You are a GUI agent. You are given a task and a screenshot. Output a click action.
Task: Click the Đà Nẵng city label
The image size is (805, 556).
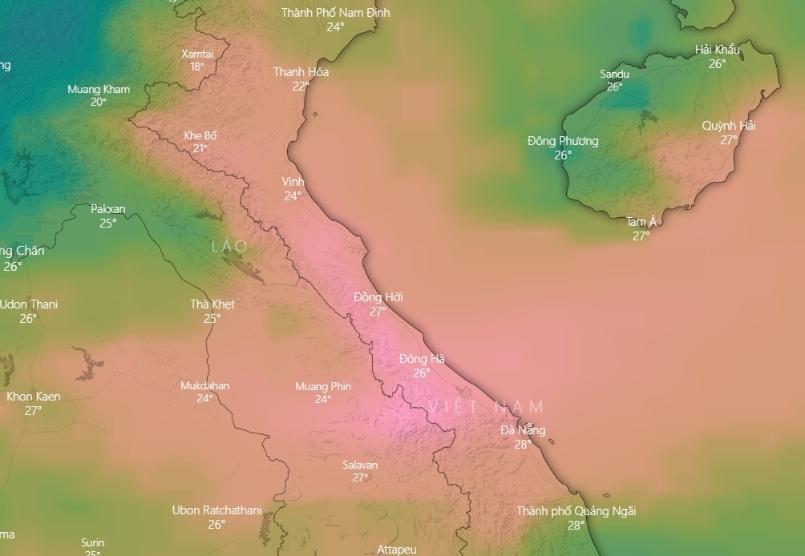tap(523, 430)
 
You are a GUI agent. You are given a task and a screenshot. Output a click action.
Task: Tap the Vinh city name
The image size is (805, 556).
tap(293, 182)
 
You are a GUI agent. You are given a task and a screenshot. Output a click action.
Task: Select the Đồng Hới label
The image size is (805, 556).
tap(378, 297)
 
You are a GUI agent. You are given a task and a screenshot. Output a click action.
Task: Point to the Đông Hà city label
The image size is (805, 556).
tap(422, 359)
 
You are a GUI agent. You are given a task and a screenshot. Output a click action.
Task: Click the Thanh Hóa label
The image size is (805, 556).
tap(301, 72)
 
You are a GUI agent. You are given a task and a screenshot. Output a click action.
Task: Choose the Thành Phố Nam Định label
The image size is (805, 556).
tap(335, 13)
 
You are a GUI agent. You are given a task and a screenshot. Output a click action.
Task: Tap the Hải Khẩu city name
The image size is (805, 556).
tap(717, 50)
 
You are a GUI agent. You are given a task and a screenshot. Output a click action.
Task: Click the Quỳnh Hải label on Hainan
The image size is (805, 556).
tap(729, 126)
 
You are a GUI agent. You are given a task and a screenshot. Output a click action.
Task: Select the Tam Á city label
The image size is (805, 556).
tap(641, 222)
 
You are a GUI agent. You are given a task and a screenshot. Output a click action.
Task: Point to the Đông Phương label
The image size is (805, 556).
tap(563, 141)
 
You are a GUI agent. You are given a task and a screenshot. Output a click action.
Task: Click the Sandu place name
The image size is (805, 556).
tap(614, 75)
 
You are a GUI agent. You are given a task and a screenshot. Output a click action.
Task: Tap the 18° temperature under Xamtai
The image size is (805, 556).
tap(197, 66)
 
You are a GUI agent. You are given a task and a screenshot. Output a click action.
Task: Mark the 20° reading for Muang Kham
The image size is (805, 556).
tap(98, 102)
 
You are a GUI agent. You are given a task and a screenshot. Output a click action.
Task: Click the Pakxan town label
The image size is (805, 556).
tap(107, 209)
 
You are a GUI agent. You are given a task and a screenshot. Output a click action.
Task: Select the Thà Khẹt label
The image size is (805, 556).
tap(212, 304)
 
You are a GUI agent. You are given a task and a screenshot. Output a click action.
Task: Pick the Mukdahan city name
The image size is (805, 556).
tap(204, 385)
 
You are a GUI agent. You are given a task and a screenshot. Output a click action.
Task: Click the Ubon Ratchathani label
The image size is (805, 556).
tap(216, 510)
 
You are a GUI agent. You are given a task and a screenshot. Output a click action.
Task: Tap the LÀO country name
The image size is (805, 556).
tap(229, 246)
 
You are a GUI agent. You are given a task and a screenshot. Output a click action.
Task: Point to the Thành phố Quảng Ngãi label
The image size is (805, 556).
tap(576, 511)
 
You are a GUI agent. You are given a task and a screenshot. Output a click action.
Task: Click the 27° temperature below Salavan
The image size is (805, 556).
tap(360, 477)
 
